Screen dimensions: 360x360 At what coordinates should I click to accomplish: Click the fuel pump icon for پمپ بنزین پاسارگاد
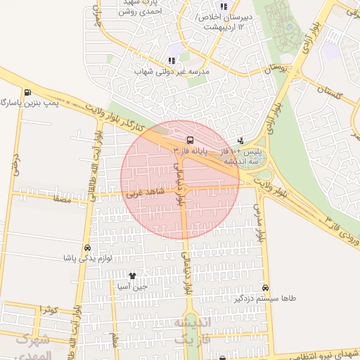pos(27,92)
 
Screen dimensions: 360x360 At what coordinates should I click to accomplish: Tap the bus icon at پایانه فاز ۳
pos(191,139)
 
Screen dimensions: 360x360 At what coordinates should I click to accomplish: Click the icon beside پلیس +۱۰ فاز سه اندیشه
pos(242,140)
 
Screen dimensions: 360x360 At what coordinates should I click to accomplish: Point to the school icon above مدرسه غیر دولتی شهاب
pos(172,61)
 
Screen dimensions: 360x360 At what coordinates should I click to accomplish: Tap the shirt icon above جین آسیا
pos(131,276)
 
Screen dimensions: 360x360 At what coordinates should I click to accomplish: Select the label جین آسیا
pos(131,287)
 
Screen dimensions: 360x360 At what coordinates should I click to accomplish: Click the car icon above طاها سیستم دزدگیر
pos(265,288)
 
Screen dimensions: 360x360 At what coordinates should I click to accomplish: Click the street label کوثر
pos(48,309)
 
